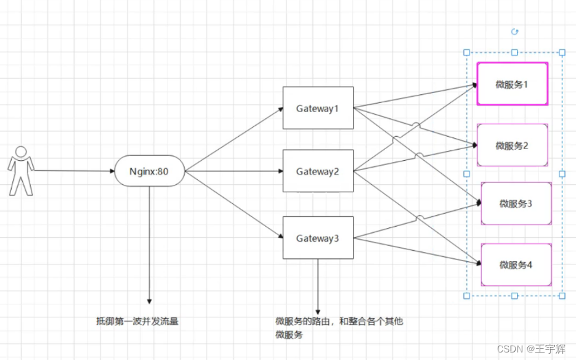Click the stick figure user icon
(x=21, y=170)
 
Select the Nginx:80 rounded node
(x=150, y=171)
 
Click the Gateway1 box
(x=318, y=108)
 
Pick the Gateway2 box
(x=318, y=171)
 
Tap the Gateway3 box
(x=318, y=238)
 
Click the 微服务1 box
(x=512, y=84)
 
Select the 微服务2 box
(x=512, y=145)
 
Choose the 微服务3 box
(x=516, y=203)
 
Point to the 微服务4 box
(x=516, y=265)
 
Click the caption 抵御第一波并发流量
(x=137, y=320)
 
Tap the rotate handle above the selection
(x=515, y=32)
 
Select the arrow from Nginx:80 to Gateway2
(x=233, y=171)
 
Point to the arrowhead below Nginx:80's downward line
(x=149, y=301)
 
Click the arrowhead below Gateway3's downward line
(x=318, y=310)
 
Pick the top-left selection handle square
(x=467, y=52)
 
